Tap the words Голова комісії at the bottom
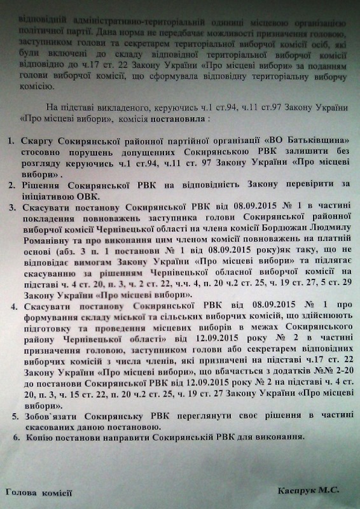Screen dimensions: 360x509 pyautogui.click(x=39, y=493)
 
